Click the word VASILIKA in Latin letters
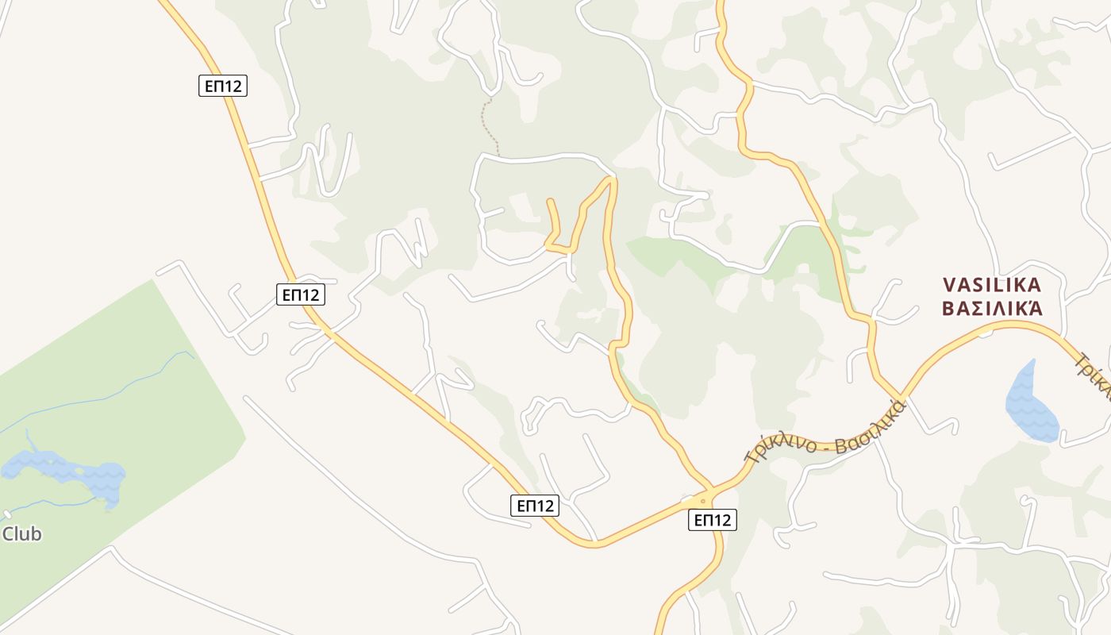[x=991, y=284]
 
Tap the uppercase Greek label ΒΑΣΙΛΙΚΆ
[x=991, y=309]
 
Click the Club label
[x=21, y=534]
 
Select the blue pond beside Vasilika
[x=1031, y=403]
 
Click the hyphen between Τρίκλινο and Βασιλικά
[x=826, y=446]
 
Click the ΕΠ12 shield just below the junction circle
[x=712, y=520]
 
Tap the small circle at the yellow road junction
[x=702, y=501]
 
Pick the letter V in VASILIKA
[x=949, y=284]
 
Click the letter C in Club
[x=9, y=534]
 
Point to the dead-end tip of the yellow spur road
[x=550, y=202]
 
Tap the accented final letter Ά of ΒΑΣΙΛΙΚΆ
[x=1034, y=308]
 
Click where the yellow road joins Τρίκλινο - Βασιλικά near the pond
[x=902, y=397]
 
